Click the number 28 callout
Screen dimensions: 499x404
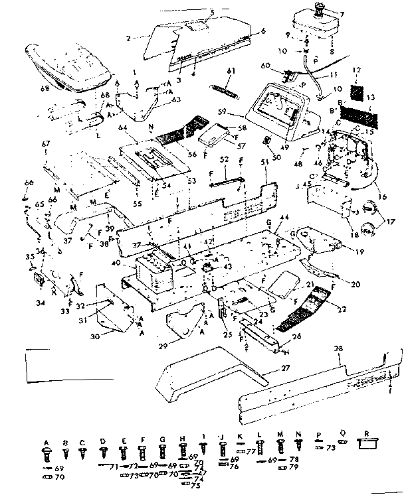212,12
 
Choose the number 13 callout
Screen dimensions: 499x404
371,98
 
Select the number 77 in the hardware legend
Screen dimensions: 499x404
252,451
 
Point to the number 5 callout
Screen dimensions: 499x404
212,12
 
